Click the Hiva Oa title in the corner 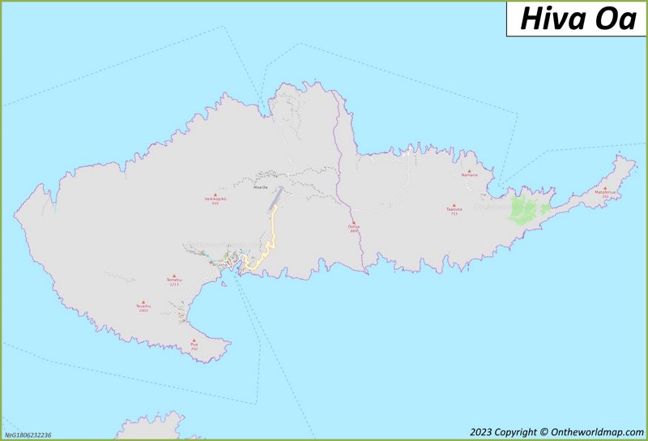click(578, 19)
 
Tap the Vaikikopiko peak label click(215, 199)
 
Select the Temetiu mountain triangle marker click(174, 276)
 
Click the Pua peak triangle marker click(194, 340)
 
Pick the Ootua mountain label click(353, 226)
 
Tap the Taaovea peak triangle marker click(454, 205)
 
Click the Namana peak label click(469, 175)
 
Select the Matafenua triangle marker click(604, 188)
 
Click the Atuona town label click(219, 263)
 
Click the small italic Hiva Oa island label click(260, 188)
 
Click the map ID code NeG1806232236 click(28, 435)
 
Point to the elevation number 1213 click(174, 285)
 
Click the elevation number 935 click(215, 203)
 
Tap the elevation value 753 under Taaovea click(454, 214)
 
